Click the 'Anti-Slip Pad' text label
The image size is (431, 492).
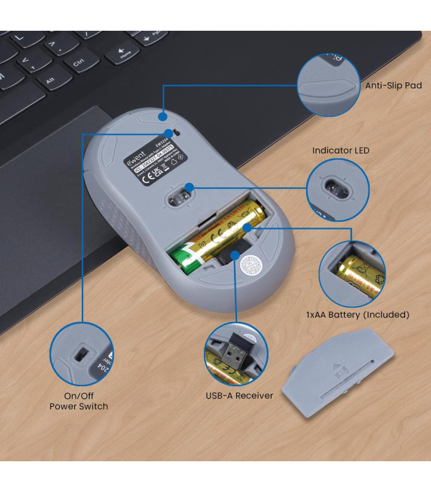393,85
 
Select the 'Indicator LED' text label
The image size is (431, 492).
341,150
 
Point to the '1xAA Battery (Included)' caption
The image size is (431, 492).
358,314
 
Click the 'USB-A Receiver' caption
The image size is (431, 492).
240,395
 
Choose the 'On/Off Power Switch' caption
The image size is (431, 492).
78,401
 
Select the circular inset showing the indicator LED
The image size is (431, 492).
337,189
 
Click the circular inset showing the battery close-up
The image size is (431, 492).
352,274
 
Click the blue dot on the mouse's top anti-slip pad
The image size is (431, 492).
163,115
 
